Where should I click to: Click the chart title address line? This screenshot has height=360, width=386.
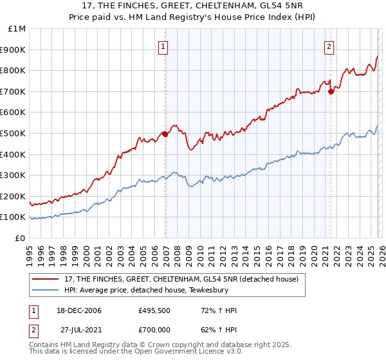192,6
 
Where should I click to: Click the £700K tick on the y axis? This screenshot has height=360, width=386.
13,91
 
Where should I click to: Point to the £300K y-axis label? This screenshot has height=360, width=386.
13,175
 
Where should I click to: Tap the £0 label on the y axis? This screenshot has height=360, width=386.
19,238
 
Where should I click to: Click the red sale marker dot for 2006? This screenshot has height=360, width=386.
165,134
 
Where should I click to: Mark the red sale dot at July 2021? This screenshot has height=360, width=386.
331,91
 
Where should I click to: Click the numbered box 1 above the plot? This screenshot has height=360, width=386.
164,46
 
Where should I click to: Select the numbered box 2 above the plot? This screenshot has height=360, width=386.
329,46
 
